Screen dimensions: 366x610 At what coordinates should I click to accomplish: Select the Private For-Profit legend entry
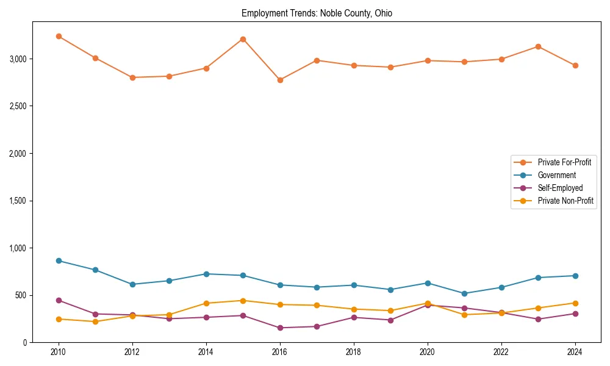coord(564,162)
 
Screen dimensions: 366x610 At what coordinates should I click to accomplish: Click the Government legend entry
coord(556,175)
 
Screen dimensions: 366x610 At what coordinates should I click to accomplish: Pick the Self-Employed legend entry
coord(560,188)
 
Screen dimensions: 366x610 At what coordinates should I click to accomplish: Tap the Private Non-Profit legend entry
coord(565,201)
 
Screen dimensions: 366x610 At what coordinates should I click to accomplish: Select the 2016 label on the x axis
coord(279,352)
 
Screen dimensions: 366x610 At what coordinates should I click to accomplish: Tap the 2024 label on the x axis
coord(575,352)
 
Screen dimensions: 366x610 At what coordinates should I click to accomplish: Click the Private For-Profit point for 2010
coord(59,37)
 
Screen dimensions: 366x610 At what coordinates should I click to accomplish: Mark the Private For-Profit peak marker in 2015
coord(243,39)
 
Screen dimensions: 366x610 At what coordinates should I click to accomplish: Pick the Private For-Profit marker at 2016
coord(279,80)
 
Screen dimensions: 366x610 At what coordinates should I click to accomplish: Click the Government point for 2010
coord(59,260)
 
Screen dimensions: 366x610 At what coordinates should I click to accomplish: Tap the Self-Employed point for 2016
coord(279,328)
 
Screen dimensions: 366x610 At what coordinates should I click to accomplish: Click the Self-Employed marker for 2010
coord(59,300)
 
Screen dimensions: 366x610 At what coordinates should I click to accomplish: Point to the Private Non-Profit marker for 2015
coord(243,301)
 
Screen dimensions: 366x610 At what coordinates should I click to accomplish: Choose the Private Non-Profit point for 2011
coord(95,321)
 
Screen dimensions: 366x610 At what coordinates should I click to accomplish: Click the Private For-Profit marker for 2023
coord(538,46)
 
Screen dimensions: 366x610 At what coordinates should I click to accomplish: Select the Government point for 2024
coord(575,276)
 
